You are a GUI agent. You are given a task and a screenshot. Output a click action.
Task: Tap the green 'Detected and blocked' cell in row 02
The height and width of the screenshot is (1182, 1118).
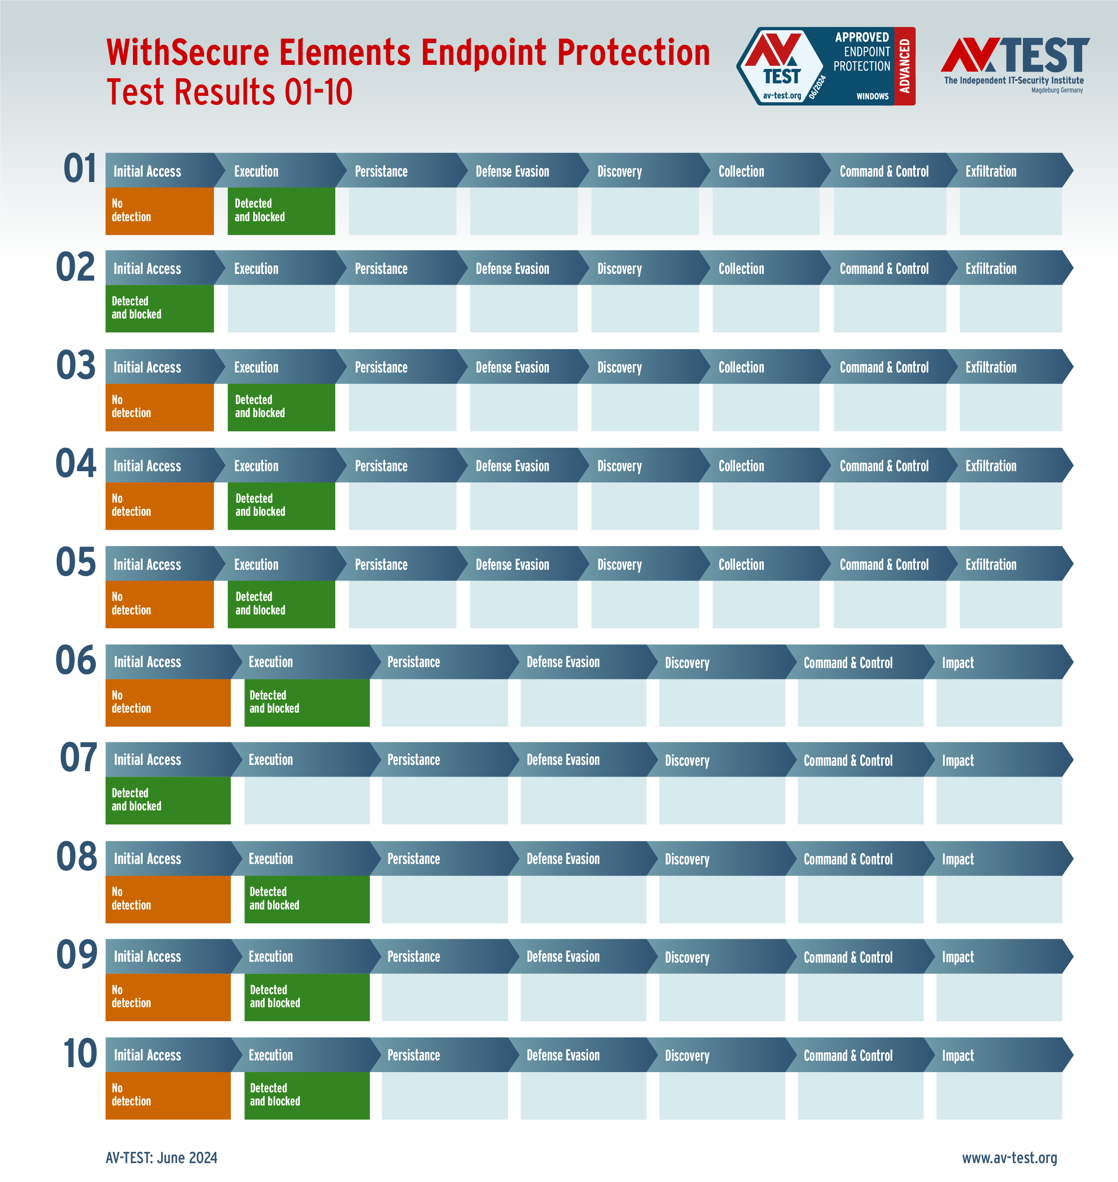coord(159,308)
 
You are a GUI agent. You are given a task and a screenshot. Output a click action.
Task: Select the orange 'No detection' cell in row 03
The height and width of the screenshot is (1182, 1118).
coord(159,407)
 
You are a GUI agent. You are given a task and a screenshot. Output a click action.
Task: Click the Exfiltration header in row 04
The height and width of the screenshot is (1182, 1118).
coord(990,466)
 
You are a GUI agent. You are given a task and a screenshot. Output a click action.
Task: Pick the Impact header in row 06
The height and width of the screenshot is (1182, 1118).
coord(957,663)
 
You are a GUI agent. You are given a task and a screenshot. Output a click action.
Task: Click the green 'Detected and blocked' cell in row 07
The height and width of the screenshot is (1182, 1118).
coord(168,800)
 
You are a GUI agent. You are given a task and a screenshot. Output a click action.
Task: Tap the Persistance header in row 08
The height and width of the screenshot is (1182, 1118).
coord(414,859)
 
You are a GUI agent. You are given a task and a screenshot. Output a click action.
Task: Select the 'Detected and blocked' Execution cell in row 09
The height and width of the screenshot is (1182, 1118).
coord(306,997)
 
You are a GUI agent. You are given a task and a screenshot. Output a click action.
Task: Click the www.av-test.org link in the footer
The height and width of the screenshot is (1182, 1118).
coord(1009,1158)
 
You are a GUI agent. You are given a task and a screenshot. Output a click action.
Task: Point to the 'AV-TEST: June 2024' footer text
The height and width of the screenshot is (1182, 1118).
coord(161,1158)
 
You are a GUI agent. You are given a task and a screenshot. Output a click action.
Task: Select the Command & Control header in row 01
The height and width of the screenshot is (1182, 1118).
coord(884,172)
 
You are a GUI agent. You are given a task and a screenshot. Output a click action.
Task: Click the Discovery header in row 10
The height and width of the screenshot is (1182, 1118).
coord(687,1055)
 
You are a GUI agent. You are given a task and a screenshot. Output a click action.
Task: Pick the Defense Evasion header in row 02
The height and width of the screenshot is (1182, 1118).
coord(512,268)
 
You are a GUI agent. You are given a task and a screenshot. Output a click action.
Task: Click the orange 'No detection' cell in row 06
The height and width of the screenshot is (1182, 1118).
coord(168,702)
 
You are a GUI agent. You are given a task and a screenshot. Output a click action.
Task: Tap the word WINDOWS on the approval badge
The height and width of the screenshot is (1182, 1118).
coord(872,96)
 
